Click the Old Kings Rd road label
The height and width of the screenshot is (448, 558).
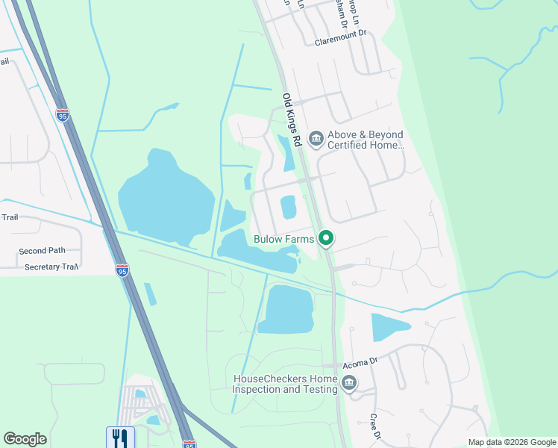(291, 119)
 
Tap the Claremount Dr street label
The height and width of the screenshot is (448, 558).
(341, 34)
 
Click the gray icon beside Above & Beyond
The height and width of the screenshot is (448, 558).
(316, 138)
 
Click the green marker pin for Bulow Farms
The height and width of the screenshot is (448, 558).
(325, 239)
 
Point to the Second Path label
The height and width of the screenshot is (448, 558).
(43, 251)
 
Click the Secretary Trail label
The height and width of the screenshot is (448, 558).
(51, 267)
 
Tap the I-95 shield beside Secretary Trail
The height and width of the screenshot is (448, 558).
(122, 270)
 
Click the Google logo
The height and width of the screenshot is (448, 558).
(25, 439)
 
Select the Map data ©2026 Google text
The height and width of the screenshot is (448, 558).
(511, 442)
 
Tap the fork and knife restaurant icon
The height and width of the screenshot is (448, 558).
(120, 438)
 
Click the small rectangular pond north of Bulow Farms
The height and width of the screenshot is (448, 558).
(289, 207)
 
